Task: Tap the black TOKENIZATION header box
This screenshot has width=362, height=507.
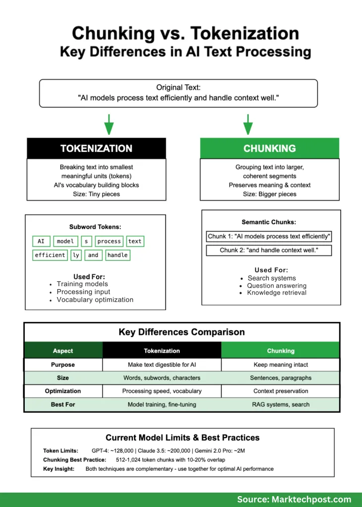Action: pyautogui.click(x=96, y=149)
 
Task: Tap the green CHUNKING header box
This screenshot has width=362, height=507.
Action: pyautogui.click(x=269, y=149)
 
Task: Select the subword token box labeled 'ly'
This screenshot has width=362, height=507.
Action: pyautogui.click(x=76, y=255)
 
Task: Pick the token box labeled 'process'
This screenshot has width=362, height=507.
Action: pyautogui.click(x=109, y=241)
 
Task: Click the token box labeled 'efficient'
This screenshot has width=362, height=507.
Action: pyautogui.click(x=50, y=255)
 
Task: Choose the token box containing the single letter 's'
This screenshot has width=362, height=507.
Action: pyautogui.click(x=86, y=241)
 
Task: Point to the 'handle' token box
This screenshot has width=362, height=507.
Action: pyautogui.click(x=117, y=255)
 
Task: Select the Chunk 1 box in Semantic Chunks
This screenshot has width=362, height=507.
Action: pyautogui.click(x=269, y=236)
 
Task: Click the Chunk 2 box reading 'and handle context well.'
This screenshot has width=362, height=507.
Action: pyautogui.click(x=269, y=250)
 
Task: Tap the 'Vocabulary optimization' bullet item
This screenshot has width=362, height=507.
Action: pyautogui.click(x=95, y=300)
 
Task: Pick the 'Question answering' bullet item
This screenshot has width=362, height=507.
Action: pyautogui.click(x=277, y=286)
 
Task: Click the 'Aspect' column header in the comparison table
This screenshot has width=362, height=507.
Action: pyautogui.click(x=63, y=351)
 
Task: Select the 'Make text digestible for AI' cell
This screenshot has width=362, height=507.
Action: pyautogui.click(x=162, y=364)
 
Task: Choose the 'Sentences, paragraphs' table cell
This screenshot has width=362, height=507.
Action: pyautogui.click(x=281, y=378)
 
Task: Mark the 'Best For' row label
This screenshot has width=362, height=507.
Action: pyautogui.click(x=63, y=405)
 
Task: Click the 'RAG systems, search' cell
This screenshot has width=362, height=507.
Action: pyautogui.click(x=281, y=405)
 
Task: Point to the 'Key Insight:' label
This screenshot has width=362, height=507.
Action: pyautogui.click(x=59, y=469)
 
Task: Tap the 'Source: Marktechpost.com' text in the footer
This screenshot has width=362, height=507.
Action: pyautogui.click(x=294, y=500)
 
